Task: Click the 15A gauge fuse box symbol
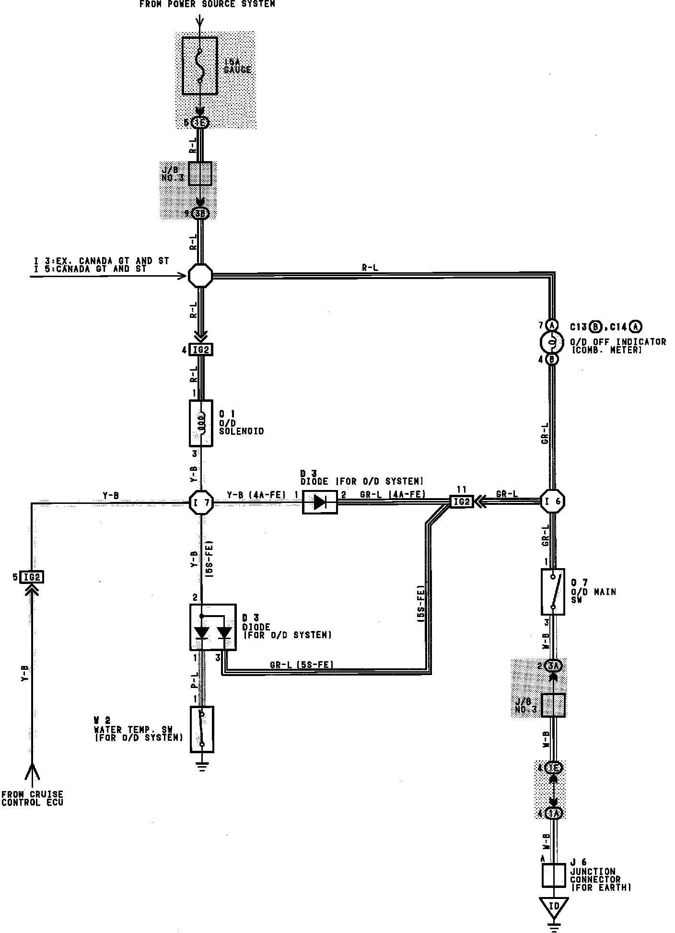[x=200, y=65]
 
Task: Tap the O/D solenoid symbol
[x=201, y=423]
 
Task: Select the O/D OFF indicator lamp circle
[x=552, y=342]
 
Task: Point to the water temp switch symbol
[x=202, y=729]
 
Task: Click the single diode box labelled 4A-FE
[x=320, y=502]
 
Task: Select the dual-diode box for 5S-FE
[x=213, y=627]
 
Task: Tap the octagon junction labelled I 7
[x=201, y=502]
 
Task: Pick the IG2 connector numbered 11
[x=461, y=501]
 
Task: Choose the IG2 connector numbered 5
[x=32, y=577]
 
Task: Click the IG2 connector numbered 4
[x=201, y=350]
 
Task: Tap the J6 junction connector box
[x=554, y=875]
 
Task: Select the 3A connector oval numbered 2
[x=553, y=665]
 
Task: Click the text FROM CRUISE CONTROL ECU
[x=32, y=798]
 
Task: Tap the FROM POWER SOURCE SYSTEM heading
[x=207, y=4]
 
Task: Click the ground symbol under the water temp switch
[x=202, y=768]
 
